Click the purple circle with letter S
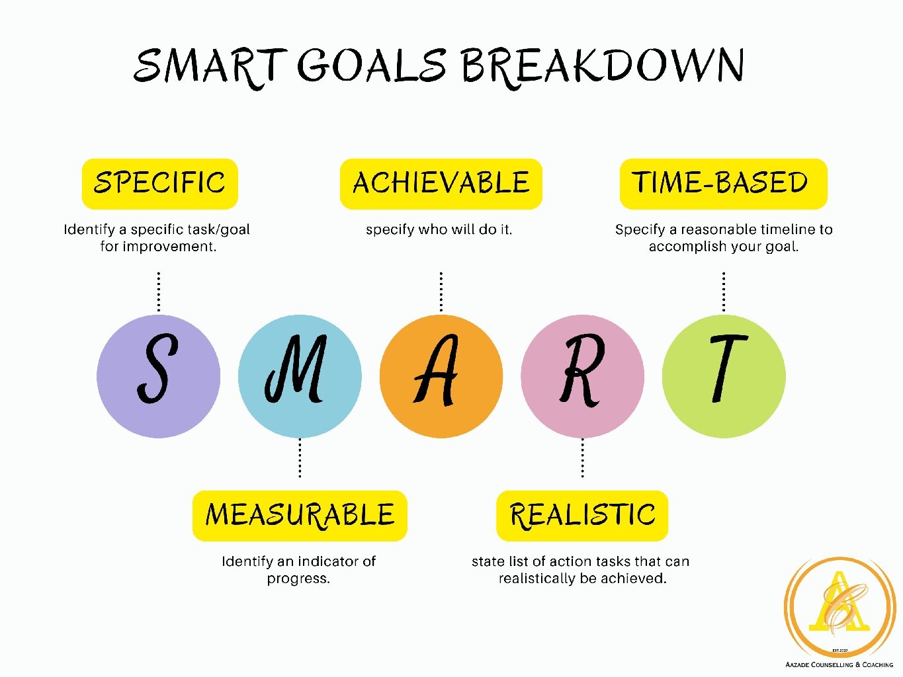tap(158, 376)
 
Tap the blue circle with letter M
tap(300, 376)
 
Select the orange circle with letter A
tap(441, 376)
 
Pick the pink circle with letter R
tap(583, 376)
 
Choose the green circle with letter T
tap(724, 376)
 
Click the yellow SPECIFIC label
tap(160, 184)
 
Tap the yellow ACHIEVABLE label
tap(441, 184)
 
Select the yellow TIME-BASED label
tap(724, 184)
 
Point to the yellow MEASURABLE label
tap(300, 516)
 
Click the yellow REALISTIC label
tap(583, 516)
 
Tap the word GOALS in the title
tap(372, 65)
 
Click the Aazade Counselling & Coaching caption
tap(839, 664)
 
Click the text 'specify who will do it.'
tap(439, 229)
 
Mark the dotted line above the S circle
tap(159, 292)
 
